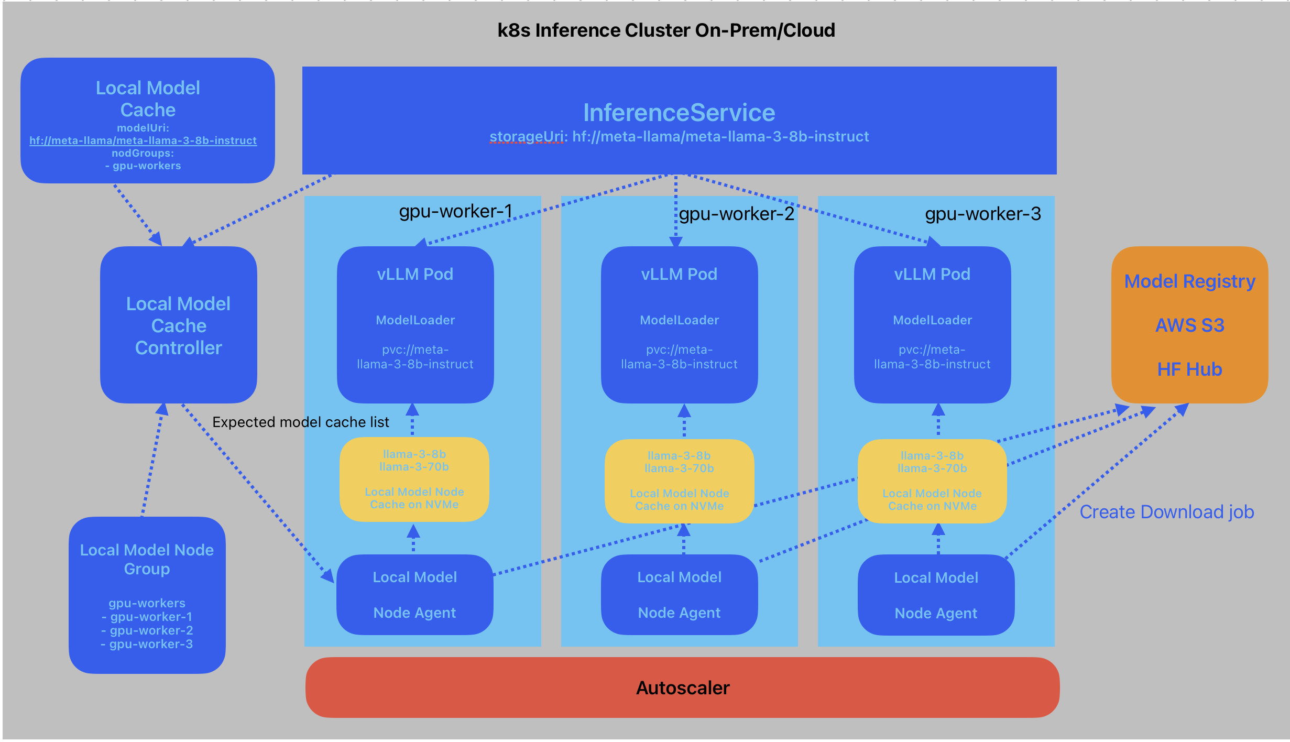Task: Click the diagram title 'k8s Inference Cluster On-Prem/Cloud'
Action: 666,30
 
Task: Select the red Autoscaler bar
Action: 682,688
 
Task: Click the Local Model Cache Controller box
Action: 178,325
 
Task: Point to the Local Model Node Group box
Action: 147,595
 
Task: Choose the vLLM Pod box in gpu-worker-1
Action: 415,325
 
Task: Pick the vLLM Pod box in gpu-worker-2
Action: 679,325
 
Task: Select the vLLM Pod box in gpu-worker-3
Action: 932,325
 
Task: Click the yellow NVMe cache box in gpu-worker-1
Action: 414,479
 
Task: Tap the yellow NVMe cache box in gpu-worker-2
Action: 679,481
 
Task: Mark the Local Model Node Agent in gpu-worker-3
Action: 936,595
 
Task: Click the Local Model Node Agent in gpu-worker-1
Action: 414,595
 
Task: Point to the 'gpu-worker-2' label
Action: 737,214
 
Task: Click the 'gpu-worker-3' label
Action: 983,214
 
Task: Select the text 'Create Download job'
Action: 1167,512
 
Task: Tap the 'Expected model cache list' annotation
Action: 300,422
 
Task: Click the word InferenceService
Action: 679,113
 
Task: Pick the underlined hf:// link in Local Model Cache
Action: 143,140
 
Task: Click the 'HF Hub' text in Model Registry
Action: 1189,369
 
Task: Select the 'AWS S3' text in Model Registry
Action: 1189,325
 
